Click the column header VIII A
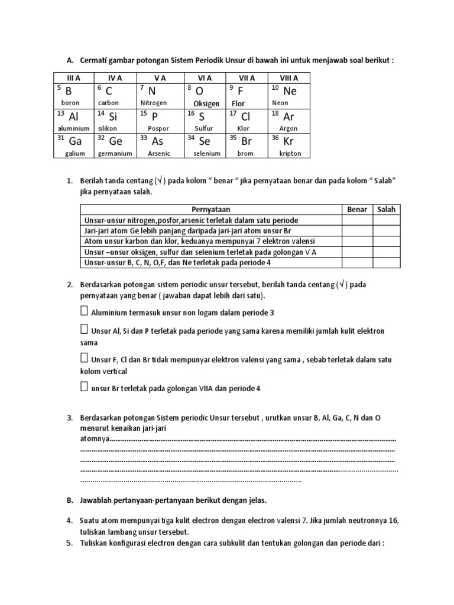click(x=289, y=77)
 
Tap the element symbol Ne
click(x=290, y=91)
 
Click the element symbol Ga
click(x=75, y=142)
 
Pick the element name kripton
click(x=290, y=154)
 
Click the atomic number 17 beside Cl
click(x=233, y=113)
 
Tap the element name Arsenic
click(x=158, y=154)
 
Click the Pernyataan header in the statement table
click(x=210, y=210)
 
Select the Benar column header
click(x=357, y=210)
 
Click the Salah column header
click(x=386, y=210)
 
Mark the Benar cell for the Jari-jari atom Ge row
click(x=357, y=230)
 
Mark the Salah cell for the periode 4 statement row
click(x=386, y=262)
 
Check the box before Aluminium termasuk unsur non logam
click(x=84, y=311)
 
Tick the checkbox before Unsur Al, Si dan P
click(x=84, y=330)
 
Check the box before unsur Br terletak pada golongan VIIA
click(x=84, y=387)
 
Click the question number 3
click(x=69, y=418)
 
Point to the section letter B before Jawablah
click(x=69, y=500)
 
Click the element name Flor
click(x=238, y=103)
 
